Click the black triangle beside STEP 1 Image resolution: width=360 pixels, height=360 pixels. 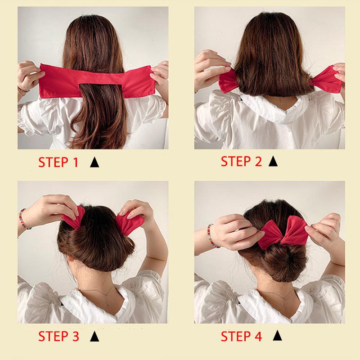pyautogui.click(x=94, y=162)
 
